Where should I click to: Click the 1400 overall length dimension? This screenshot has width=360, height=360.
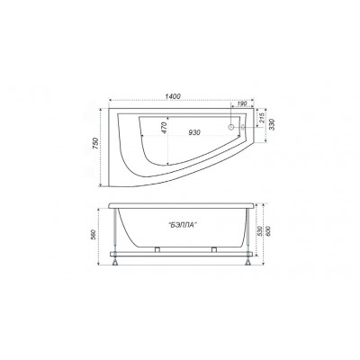click(x=173, y=96)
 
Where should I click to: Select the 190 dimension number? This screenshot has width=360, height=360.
click(x=242, y=103)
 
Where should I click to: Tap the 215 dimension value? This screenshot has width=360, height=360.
click(x=261, y=118)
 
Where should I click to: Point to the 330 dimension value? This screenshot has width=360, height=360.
click(x=272, y=124)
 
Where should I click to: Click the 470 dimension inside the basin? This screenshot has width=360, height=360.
click(x=164, y=128)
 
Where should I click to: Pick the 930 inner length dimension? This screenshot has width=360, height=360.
click(x=194, y=132)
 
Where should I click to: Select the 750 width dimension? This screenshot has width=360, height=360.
click(x=95, y=144)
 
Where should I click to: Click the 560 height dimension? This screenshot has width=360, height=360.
click(x=94, y=234)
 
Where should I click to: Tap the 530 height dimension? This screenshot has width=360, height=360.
click(x=260, y=231)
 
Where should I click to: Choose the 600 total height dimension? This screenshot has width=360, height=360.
click(x=268, y=230)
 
